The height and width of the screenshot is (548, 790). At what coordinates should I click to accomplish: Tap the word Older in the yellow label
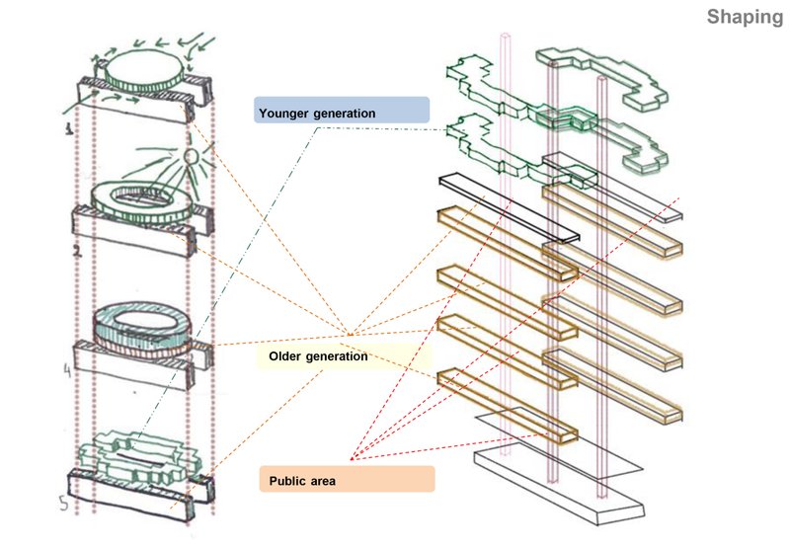click(287, 355)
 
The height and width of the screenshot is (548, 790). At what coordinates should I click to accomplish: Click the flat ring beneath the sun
click(143, 198)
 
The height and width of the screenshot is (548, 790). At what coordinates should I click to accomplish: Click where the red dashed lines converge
click(353, 458)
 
